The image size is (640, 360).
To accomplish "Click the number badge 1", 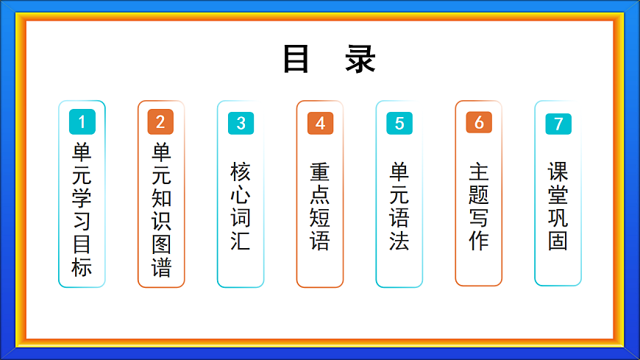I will point(82,121).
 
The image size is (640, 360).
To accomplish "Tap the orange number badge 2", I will point(160,121).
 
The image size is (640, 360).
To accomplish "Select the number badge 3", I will point(241,124).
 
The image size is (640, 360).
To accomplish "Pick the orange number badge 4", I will point(320,124).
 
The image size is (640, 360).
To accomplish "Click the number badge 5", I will point(399,124).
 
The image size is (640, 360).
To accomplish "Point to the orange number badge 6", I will point(479,122).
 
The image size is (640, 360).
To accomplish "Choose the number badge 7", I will point(558,124).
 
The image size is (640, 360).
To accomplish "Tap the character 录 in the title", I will point(360,60).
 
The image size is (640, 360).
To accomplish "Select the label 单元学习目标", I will point(82,210).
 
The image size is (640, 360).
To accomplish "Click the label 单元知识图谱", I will point(161,210).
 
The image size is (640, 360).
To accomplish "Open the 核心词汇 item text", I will point(241,206).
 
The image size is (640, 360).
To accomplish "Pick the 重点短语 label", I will point(320,206).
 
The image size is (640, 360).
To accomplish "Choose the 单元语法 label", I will point(399,206).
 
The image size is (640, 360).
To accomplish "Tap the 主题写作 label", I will point(479,206).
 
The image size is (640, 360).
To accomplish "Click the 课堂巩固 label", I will point(558,206).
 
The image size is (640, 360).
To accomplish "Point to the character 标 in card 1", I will point(82,267).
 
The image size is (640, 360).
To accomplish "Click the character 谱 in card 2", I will point(161,267).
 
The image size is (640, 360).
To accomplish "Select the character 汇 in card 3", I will point(241,240).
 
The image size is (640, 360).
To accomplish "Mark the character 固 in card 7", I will point(558,240).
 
